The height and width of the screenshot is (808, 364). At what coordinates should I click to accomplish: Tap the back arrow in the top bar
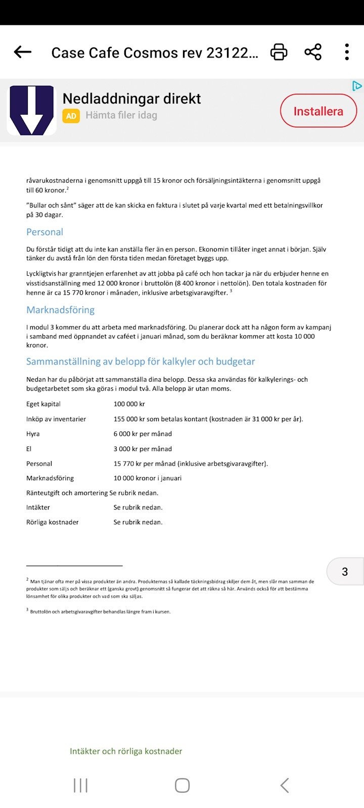click(23, 52)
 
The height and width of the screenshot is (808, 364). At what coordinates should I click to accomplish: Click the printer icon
click(279, 52)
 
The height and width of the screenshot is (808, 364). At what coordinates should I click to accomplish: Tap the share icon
click(313, 52)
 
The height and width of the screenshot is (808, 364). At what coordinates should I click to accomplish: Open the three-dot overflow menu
click(347, 52)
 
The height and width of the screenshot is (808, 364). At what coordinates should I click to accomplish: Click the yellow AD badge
click(71, 116)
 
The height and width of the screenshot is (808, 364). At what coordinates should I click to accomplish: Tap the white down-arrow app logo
click(32, 110)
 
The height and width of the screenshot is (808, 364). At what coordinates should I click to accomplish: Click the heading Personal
click(44, 232)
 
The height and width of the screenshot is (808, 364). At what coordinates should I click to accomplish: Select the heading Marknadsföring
click(60, 310)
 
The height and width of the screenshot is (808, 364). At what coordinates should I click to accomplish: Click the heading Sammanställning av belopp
click(140, 362)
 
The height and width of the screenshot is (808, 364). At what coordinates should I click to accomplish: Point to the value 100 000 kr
click(129, 404)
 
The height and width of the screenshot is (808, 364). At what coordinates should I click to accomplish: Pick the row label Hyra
click(33, 434)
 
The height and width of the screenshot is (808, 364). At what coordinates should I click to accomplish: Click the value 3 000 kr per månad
click(143, 449)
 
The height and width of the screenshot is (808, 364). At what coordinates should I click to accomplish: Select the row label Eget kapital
click(43, 404)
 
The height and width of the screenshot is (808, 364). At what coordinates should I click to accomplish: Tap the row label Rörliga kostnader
click(53, 522)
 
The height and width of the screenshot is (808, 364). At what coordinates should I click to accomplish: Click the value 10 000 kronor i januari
click(147, 478)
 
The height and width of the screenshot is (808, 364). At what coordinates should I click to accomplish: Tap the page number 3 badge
click(345, 572)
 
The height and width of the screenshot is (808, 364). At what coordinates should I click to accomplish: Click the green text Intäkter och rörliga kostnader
click(126, 751)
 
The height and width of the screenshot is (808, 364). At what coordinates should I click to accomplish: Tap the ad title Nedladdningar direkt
click(131, 98)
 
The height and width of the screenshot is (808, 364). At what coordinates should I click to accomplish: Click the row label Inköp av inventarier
click(56, 419)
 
